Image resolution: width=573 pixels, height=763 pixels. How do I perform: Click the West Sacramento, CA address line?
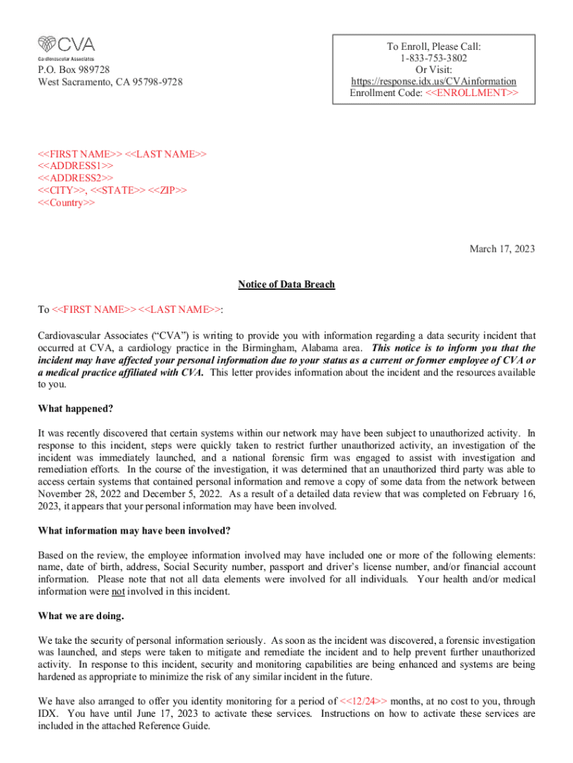pyautogui.click(x=110, y=81)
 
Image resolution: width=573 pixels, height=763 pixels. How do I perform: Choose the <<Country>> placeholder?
pyautogui.click(x=66, y=202)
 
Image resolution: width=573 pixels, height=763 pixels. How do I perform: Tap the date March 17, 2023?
pyautogui.click(x=502, y=250)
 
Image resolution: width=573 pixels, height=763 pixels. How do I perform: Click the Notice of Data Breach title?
pyautogui.click(x=286, y=285)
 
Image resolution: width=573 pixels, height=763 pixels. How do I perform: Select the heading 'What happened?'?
pyautogui.click(x=75, y=409)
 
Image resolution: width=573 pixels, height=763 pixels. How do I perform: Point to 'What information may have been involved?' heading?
pyautogui.click(x=134, y=531)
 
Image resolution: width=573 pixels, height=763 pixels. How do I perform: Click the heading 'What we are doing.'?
pyautogui.click(x=81, y=617)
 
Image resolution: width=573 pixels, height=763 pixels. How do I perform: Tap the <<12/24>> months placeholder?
pyautogui.click(x=363, y=701)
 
